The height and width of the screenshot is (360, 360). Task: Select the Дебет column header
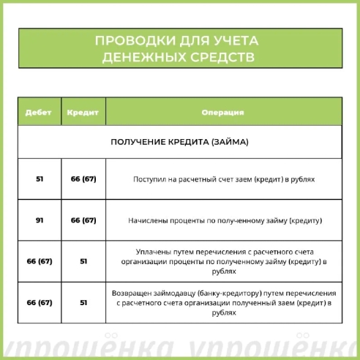[x=39, y=113]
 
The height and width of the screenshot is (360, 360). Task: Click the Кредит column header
[x=83, y=113]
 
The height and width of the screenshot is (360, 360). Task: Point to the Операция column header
[x=222, y=113]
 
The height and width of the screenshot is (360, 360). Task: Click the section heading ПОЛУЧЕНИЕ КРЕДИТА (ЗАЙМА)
[x=179, y=141]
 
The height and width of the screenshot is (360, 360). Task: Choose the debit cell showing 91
[x=40, y=220]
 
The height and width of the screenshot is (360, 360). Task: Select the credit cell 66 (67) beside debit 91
[x=83, y=220]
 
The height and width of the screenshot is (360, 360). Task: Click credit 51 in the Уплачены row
[x=83, y=260]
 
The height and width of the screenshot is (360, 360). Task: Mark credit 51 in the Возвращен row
[x=83, y=301]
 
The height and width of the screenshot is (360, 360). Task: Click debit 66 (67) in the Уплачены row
[x=40, y=260]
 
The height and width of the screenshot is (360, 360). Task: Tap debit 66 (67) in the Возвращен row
[x=40, y=301]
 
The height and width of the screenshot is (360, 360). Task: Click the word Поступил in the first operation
[x=149, y=179]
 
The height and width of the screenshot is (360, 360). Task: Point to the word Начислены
[x=149, y=220]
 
